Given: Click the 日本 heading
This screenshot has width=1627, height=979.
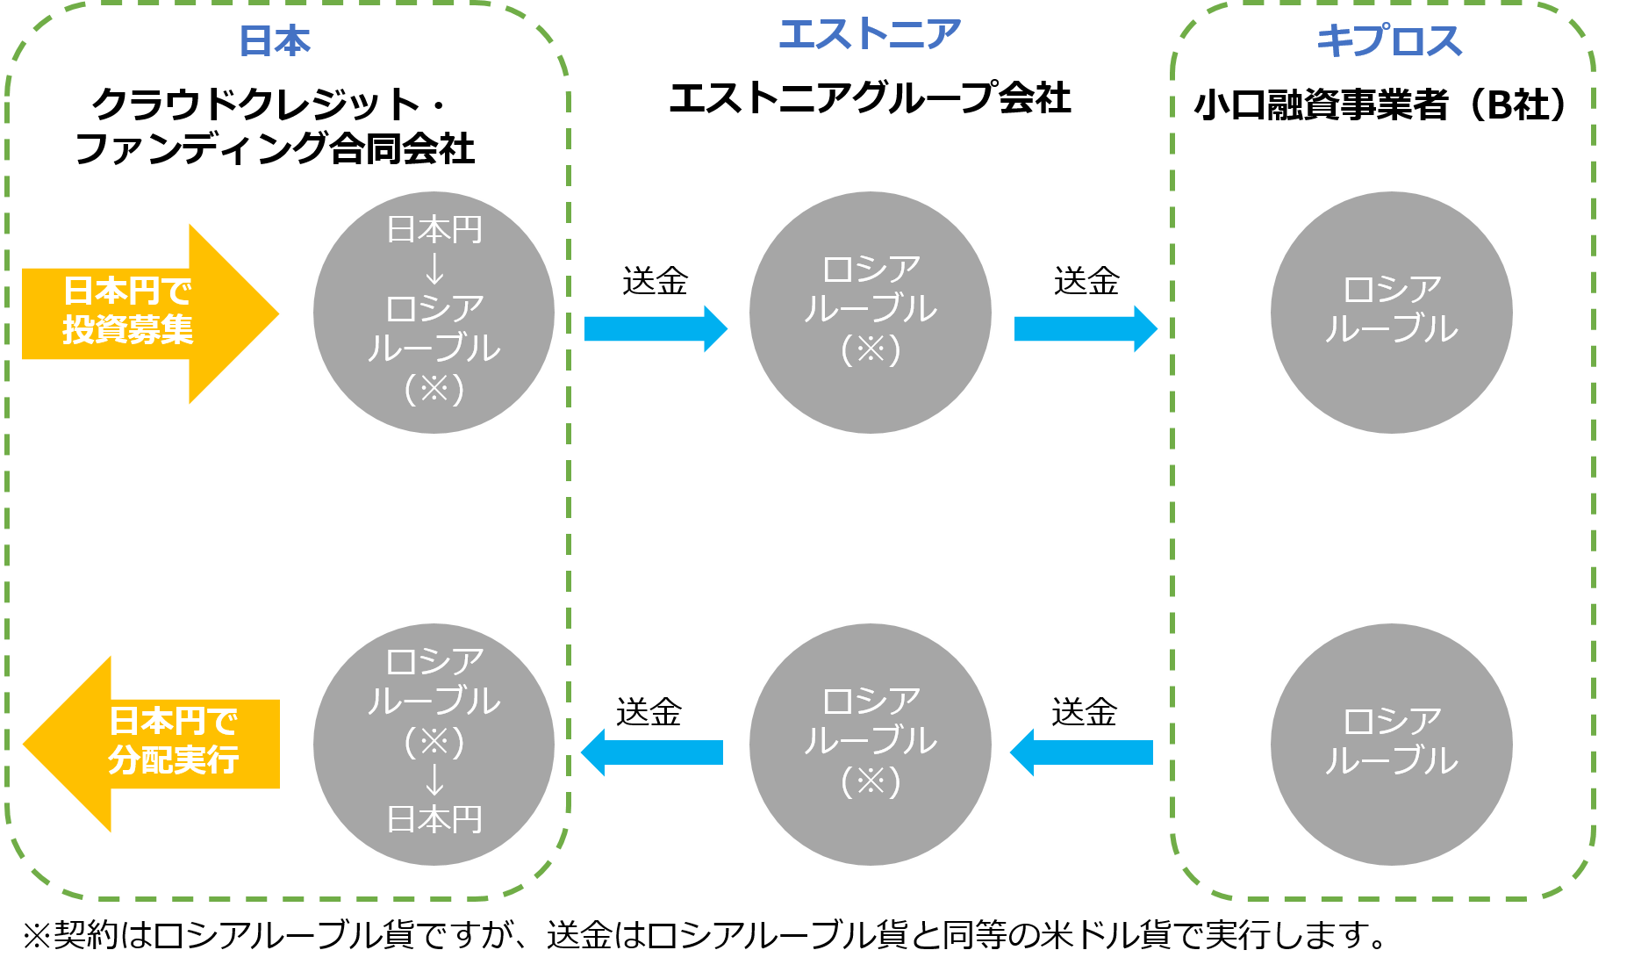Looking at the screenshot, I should point(275,41).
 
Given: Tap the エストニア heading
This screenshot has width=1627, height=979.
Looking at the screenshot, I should point(870,35).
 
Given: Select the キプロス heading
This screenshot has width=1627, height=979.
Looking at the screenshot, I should point(1389,41).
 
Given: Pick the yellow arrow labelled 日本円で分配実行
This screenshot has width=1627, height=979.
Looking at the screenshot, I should point(154,744).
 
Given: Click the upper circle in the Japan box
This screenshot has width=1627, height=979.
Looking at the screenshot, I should point(434,313).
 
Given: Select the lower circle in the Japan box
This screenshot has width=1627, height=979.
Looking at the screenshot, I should point(434,745).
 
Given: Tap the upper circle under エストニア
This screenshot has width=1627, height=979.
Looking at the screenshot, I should point(870,313).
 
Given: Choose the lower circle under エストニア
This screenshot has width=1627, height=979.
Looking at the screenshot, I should point(870,745).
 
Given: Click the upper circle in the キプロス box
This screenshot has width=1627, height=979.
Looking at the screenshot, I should point(1391,313).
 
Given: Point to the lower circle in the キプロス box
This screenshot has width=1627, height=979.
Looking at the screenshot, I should point(1391,745).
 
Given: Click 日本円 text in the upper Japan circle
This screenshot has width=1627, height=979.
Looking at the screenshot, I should point(434,230).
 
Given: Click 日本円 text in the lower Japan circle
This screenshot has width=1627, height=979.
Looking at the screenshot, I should point(434,820).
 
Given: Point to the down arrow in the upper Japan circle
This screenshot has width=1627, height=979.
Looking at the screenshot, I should point(434,269).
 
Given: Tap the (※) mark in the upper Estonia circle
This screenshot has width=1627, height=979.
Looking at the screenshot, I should point(871,349).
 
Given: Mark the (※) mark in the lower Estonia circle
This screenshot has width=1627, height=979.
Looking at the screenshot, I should point(871,781).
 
